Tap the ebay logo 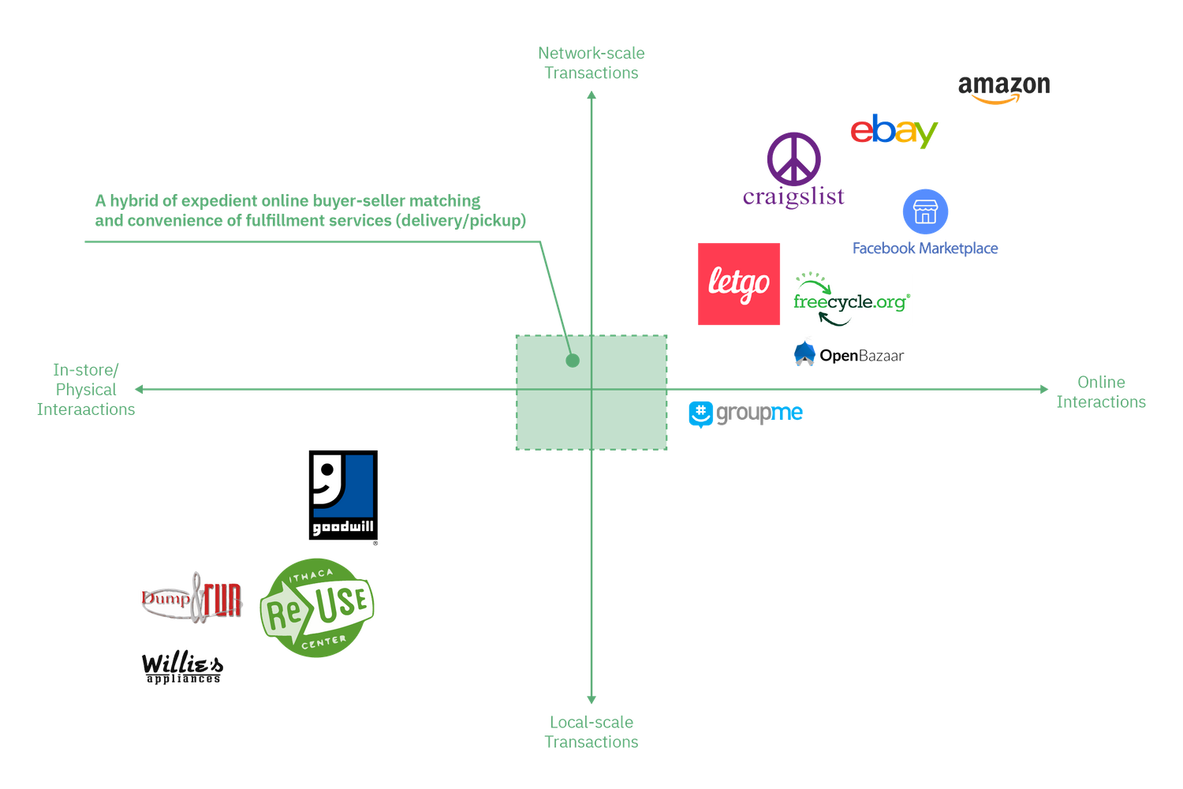[894, 131]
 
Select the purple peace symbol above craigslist [794, 158]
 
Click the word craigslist [794, 196]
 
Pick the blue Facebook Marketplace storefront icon [925, 211]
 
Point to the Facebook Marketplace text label [925, 249]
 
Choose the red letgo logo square [739, 284]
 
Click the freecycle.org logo [852, 299]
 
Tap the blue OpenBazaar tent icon [804, 352]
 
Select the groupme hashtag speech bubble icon [700, 414]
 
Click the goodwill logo [343, 495]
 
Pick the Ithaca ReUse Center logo [317, 607]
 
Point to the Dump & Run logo [191, 599]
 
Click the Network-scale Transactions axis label [592, 63]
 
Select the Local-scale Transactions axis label [591, 731]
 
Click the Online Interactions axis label [1101, 392]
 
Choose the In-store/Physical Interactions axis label [86, 390]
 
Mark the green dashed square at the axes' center [591, 393]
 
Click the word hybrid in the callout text [134, 201]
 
